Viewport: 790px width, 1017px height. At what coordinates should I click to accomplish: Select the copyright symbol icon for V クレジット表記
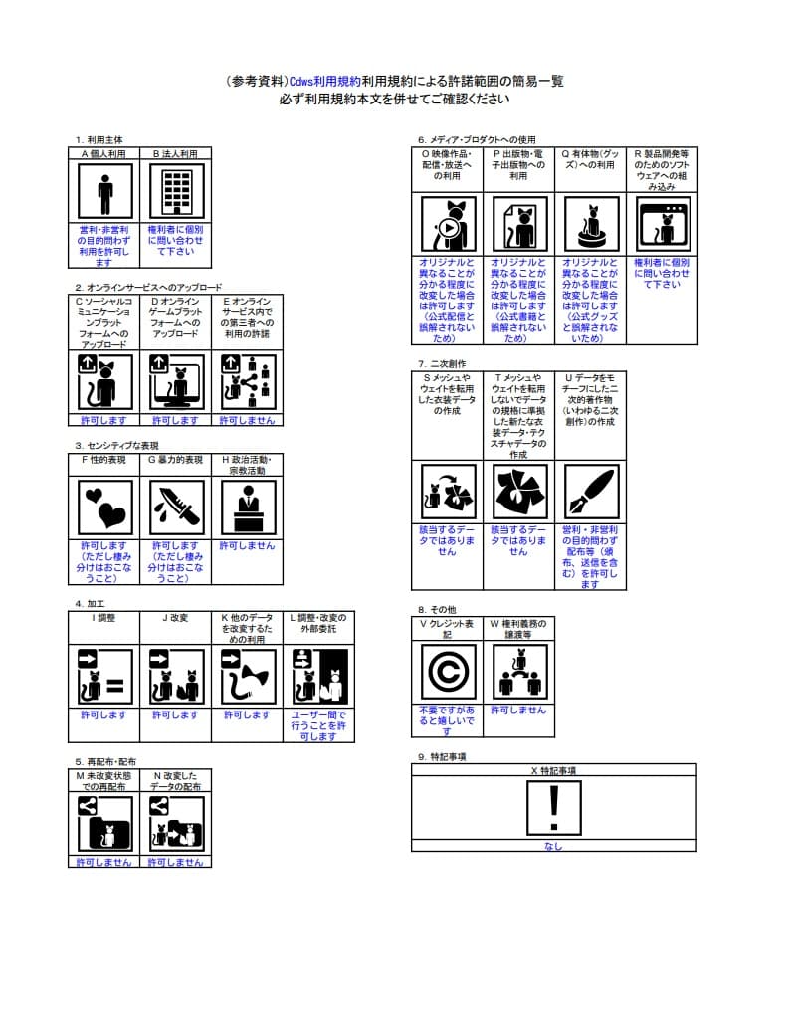[x=448, y=672]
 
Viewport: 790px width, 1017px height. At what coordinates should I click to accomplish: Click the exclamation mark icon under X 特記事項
[x=554, y=806]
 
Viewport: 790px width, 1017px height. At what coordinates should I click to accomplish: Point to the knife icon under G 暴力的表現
[x=176, y=507]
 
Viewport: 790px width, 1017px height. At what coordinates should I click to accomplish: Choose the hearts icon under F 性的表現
[x=104, y=507]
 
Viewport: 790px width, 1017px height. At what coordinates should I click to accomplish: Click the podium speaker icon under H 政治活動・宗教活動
[x=248, y=507]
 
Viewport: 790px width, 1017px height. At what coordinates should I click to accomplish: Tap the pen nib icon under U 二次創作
[x=591, y=492]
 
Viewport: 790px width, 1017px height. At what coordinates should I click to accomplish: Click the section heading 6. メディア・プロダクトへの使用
[x=477, y=139]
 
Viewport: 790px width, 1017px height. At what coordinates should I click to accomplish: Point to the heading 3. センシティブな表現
[x=116, y=446]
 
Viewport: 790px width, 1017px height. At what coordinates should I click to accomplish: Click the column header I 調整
[x=104, y=618]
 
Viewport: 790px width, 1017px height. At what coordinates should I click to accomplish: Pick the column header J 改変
[x=176, y=618]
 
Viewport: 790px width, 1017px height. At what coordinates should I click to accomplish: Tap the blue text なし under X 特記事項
[x=553, y=846]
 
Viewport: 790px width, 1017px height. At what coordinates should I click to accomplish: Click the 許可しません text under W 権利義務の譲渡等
[x=518, y=711]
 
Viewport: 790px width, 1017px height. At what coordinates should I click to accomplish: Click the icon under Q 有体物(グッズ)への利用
[x=591, y=224]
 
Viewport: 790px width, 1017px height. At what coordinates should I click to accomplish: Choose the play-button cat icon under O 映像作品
[x=448, y=224]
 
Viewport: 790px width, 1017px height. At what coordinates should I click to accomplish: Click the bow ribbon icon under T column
[x=519, y=492]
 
